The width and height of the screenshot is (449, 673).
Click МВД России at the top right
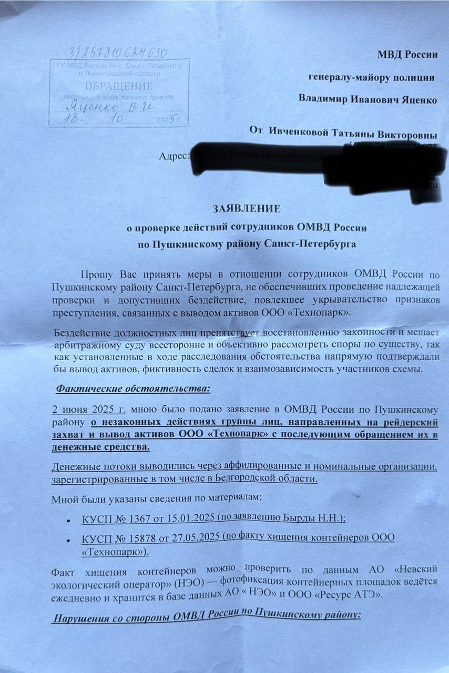[x=407, y=54]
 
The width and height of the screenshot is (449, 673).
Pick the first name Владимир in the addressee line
[x=322, y=99]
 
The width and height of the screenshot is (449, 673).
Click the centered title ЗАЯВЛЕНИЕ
[x=246, y=209]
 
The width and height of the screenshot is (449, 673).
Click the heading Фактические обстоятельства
[x=133, y=389]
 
